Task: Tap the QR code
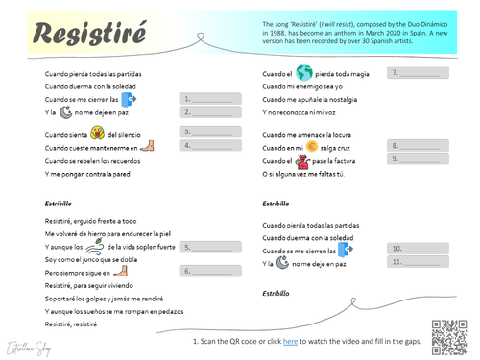tap(448, 333)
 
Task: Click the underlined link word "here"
tap(290, 341)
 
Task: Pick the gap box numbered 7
tap(416, 73)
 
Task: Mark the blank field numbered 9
tap(416, 158)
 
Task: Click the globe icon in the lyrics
tap(304, 73)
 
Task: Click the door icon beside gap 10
tap(346, 249)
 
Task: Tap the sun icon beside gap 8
tap(311, 147)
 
